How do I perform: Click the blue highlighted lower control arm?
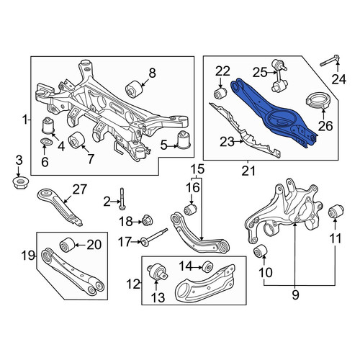coord(274,113)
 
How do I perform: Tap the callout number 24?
coord(339,79)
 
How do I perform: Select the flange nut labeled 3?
coord(20,183)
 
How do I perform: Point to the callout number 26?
coord(325,126)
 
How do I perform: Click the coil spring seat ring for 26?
coord(318,101)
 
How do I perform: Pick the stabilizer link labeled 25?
coord(279,76)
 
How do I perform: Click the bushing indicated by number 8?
coord(134,89)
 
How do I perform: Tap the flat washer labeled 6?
coord(46,142)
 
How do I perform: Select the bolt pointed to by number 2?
coord(122,199)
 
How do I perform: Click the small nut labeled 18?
coord(148,220)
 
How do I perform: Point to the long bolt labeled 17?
coord(154,237)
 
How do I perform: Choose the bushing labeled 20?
coord(67,245)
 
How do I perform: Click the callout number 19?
coord(28,256)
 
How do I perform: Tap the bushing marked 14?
coord(207,267)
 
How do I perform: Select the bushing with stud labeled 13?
coord(157,272)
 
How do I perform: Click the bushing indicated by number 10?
coord(261,250)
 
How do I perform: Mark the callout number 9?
coord(296,294)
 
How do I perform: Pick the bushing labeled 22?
coord(220,93)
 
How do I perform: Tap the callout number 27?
coord(79,189)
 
